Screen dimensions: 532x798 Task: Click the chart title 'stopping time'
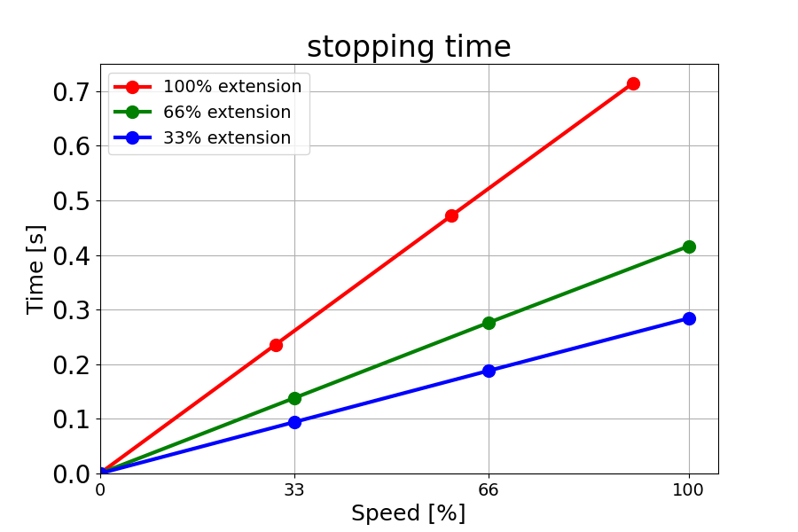click(409, 47)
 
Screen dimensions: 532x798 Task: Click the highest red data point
click(633, 83)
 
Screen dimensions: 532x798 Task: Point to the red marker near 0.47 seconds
click(451, 215)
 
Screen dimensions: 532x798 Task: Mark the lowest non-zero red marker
click(276, 345)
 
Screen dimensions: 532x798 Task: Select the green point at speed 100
click(689, 246)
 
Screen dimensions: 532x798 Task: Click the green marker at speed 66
click(489, 323)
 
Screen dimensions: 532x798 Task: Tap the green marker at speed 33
click(294, 398)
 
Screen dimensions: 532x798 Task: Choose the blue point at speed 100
click(689, 318)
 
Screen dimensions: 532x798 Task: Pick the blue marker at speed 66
click(489, 371)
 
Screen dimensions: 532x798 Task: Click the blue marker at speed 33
click(294, 422)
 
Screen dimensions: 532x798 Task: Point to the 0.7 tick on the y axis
click(72, 92)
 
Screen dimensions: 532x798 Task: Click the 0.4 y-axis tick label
click(72, 256)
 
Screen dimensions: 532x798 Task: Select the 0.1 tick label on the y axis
click(72, 419)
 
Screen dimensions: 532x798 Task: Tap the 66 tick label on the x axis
click(489, 489)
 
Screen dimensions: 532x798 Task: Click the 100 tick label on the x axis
click(689, 489)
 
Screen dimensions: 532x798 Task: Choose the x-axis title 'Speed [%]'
click(408, 513)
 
